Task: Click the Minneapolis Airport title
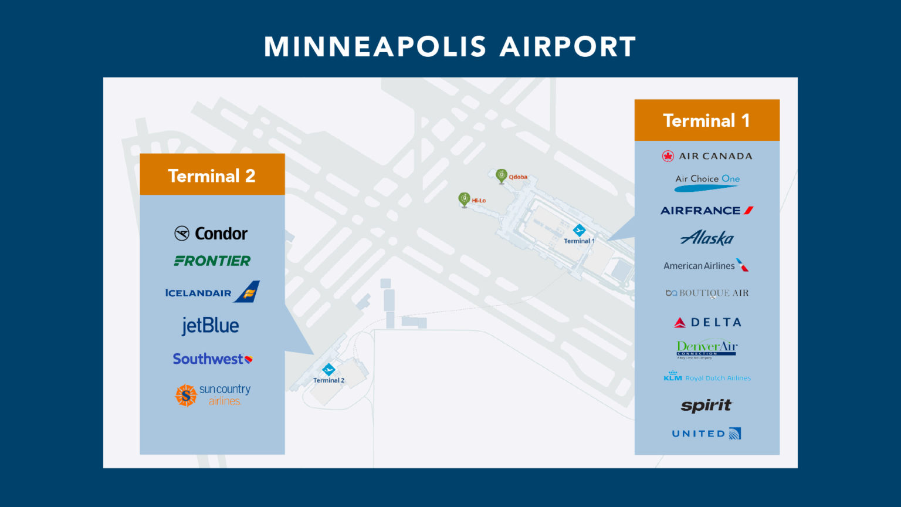(450, 47)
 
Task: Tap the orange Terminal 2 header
(212, 175)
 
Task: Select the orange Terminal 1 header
(706, 120)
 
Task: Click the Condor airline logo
(211, 234)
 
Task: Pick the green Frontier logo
(212, 261)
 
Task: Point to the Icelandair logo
(212, 292)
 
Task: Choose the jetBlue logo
(210, 326)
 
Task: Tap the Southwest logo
(212, 359)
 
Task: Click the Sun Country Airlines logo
(212, 395)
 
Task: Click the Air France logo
(706, 210)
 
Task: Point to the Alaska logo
(707, 238)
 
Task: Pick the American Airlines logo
(706, 266)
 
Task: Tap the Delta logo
(707, 322)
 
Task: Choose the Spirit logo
(706, 405)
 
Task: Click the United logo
(706, 434)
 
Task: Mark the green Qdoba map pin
(501, 175)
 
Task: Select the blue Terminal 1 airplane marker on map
(579, 230)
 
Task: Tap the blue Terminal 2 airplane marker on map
(328, 370)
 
